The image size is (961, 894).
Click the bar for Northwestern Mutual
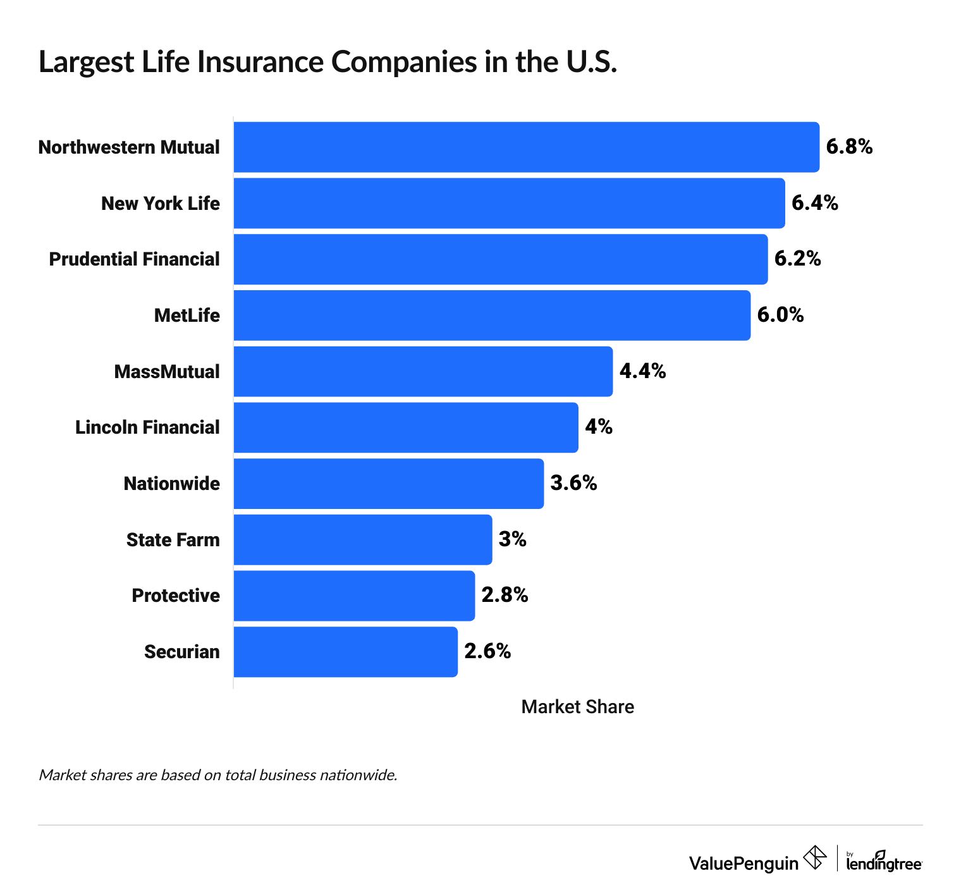[x=526, y=147]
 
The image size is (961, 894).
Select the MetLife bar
[x=492, y=315]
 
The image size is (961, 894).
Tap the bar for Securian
[x=345, y=652]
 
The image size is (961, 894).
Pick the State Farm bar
[x=362, y=539]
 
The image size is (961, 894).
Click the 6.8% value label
[x=849, y=147]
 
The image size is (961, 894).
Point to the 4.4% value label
[x=642, y=371]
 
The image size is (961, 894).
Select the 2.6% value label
[x=487, y=651]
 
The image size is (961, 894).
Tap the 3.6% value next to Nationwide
[x=573, y=483]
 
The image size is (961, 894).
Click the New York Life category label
[x=161, y=203]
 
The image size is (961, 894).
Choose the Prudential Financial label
[x=134, y=259]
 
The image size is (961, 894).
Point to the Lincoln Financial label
[x=147, y=427]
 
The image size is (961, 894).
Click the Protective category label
[x=176, y=596]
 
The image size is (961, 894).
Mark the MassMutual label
[x=167, y=371]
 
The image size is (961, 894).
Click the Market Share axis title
[x=577, y=707]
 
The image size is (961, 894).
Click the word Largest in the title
[x=87, y=62]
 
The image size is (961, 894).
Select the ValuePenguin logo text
[x=744, y=863]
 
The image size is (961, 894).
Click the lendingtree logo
[x=884, y=862]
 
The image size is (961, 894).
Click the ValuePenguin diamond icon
[x=815, y=858]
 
